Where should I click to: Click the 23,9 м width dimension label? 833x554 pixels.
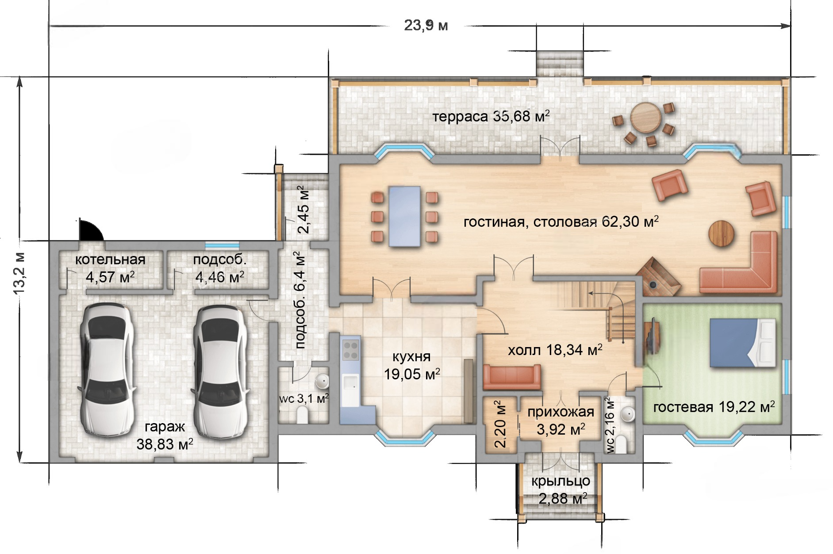[x=426, y=25]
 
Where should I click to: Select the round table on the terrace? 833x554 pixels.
[x=646, y=118]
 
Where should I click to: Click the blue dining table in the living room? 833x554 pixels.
[x=404, y=216]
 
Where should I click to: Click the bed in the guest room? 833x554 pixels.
[x=743, y=343]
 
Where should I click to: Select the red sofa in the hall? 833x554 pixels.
[x=512, y=377]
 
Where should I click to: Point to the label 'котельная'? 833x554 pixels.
[x=110, y=260]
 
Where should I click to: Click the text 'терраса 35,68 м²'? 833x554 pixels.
[x=491, y=116]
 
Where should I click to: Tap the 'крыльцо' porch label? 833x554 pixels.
[x=560, y=481]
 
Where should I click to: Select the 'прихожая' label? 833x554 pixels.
[x=560, y=412]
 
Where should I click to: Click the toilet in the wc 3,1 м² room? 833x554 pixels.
[x=303, y=415]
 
